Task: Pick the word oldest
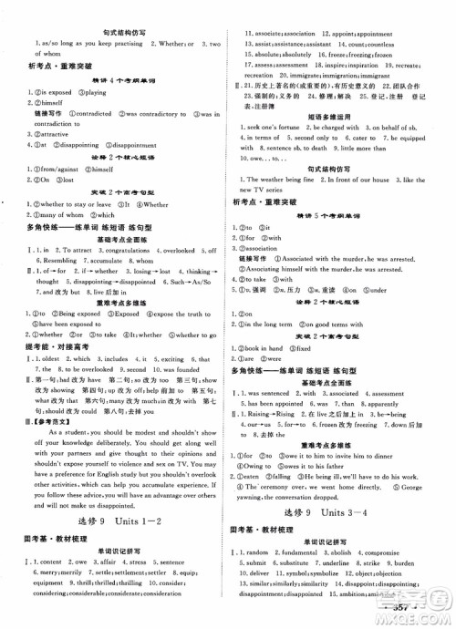(x=53, y=360)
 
